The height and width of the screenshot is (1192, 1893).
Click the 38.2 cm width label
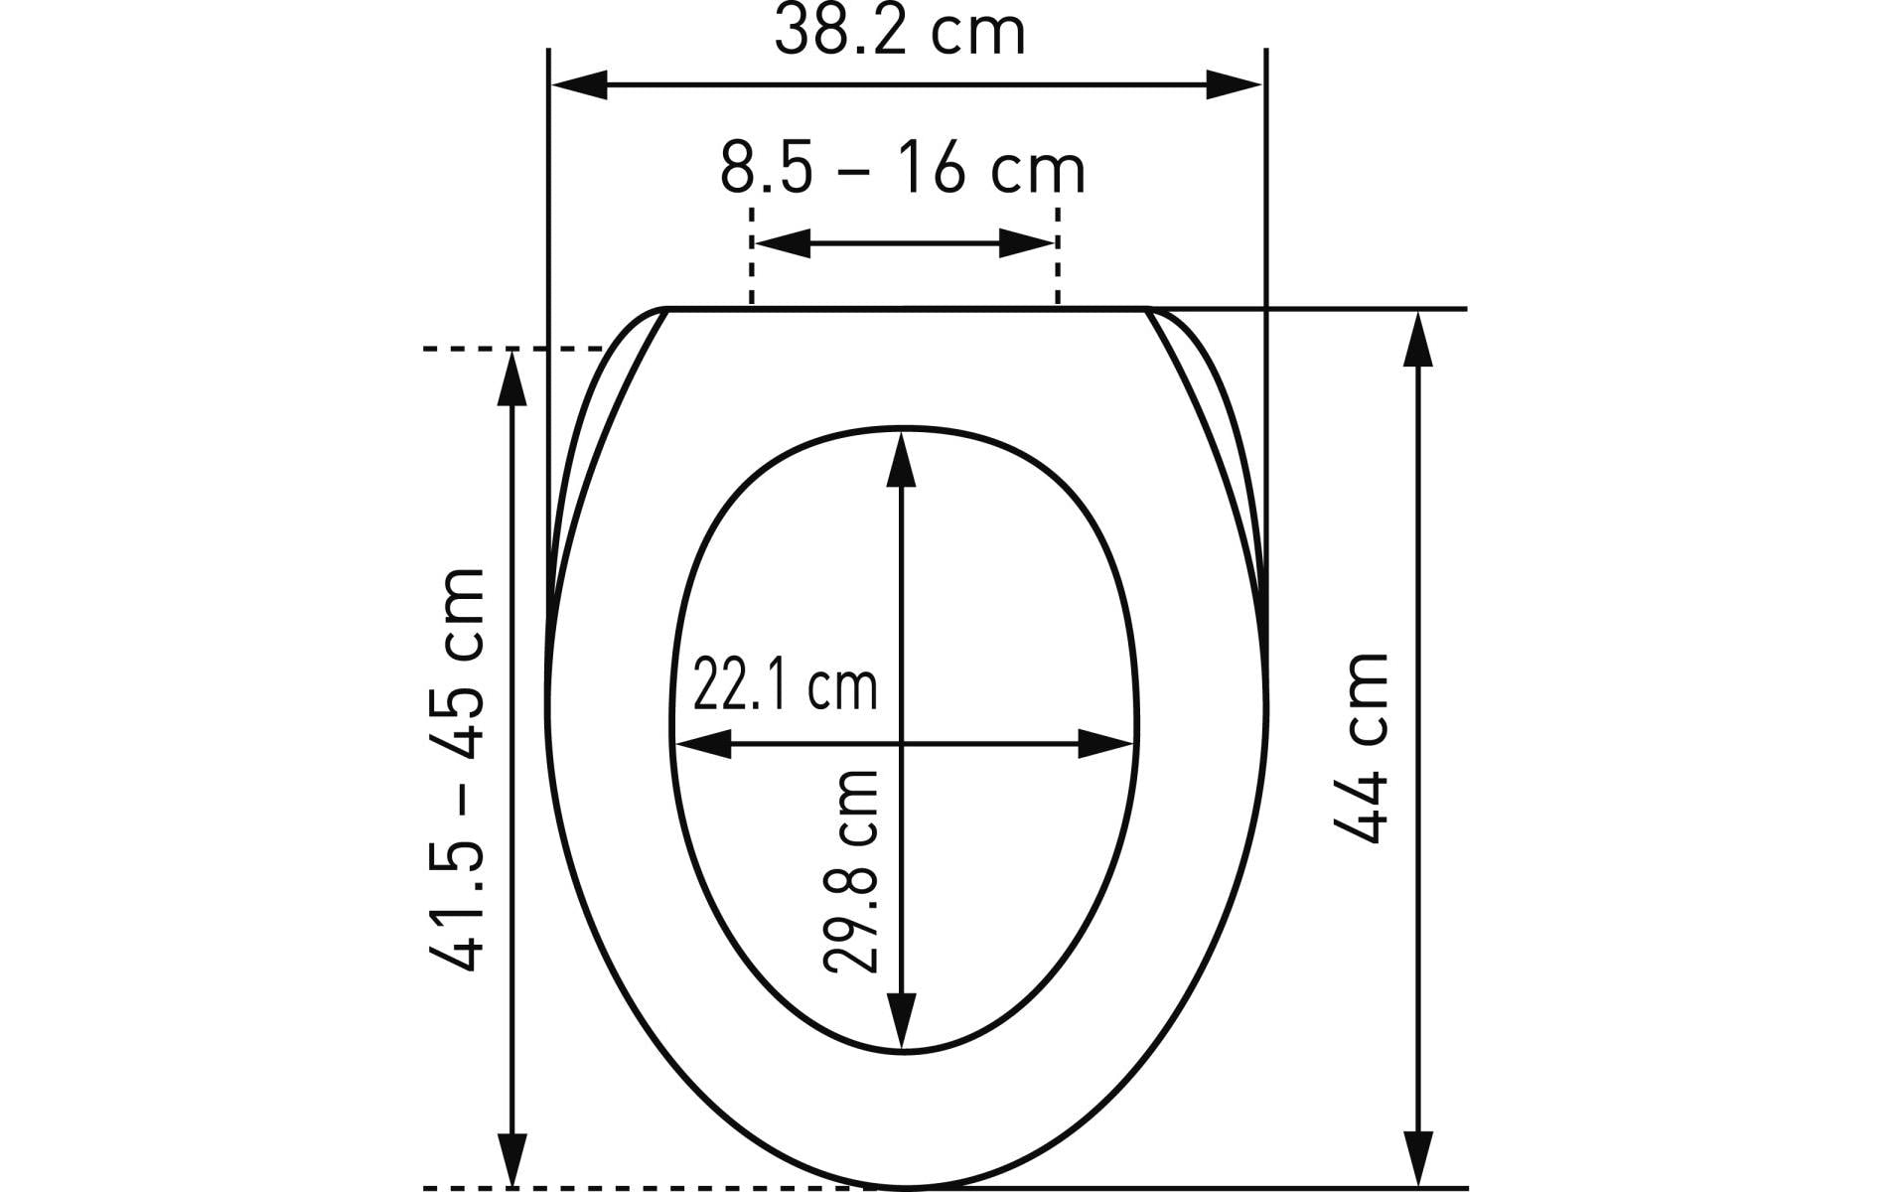click(899, 32)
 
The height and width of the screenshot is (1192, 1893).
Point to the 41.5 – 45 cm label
click(458, 771)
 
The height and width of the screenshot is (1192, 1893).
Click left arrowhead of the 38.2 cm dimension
click(579, 84)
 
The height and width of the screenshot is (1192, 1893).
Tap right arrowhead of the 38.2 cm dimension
click(1234, 84)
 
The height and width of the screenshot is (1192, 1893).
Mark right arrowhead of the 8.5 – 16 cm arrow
click(1026, 242)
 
